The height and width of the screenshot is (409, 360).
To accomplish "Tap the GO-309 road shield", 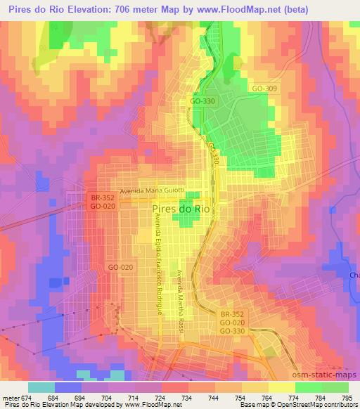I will coord(264,89).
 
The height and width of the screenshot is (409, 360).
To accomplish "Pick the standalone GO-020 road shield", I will coord(120,268).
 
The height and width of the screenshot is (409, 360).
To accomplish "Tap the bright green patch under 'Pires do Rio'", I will coord(185,221).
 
